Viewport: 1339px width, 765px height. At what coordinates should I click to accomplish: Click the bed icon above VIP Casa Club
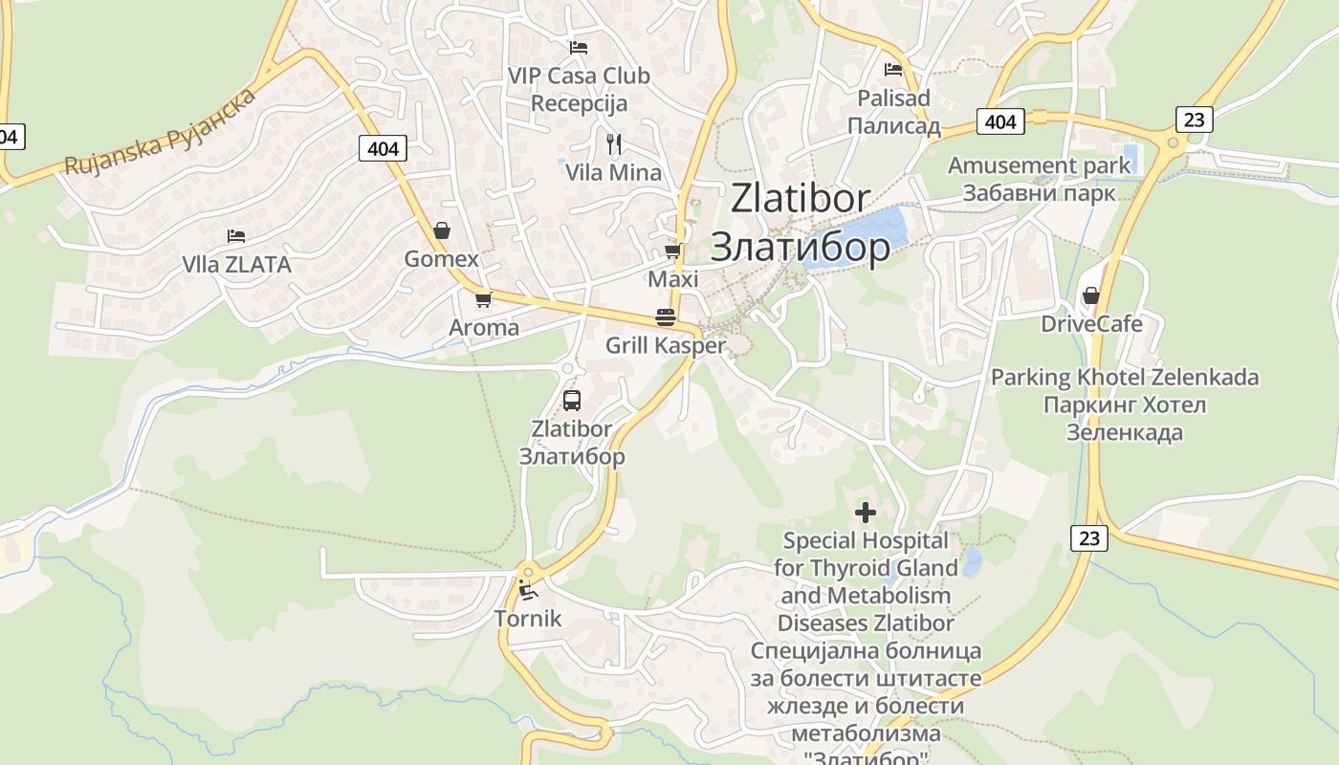point(578,47)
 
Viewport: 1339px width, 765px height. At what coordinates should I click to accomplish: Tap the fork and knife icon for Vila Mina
point(614,144)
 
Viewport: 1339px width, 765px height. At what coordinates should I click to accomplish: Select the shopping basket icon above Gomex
point(442,230)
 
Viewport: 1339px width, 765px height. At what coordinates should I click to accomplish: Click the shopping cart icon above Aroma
point(484,299)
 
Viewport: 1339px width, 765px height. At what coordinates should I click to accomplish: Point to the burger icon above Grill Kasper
point(666,317)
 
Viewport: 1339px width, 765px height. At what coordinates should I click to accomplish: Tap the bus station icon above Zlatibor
point(572,401)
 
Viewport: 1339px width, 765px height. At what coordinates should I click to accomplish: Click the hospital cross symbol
point(865,513)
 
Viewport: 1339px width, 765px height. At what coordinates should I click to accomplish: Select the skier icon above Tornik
point(527,590)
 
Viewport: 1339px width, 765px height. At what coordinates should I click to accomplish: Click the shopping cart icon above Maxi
point(673,251)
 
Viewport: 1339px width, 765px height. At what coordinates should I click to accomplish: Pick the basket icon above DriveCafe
point(1090,295)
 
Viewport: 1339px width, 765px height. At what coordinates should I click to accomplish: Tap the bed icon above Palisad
point(893,69)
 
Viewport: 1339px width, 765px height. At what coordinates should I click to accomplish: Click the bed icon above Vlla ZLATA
point(236,235)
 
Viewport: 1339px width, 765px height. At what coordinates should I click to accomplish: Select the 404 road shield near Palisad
point(999,121)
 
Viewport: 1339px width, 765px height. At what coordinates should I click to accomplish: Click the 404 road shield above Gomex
point(383,148)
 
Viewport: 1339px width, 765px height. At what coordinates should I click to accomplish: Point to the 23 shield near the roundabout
point(1194,119)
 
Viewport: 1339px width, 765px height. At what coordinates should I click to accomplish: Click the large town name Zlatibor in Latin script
point(800,199)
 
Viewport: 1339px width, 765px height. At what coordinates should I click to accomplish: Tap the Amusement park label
point(1039,165)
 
